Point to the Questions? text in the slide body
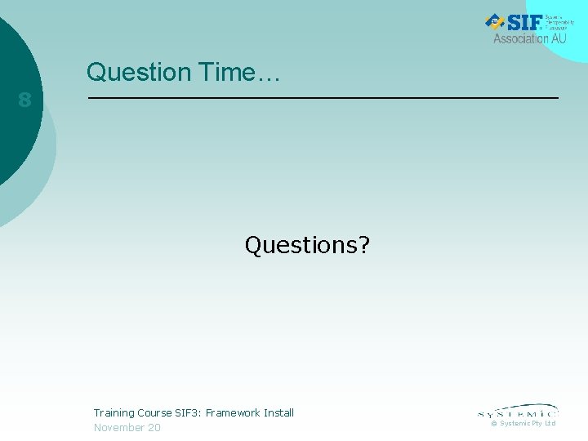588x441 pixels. (307, 245)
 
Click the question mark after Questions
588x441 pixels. (363, 245)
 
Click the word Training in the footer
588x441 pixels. (114, 413)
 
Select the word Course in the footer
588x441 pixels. (154, 413)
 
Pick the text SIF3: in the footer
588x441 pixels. (189, 413)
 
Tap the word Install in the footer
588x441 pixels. (278, 413)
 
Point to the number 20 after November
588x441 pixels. (154, 428)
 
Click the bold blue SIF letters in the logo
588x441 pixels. (521, 22)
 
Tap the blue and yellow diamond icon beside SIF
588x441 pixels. (494, 22)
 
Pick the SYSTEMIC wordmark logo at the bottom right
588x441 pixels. (518, 411)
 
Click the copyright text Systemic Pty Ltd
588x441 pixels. (527, 423)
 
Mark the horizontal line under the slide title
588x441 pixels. (323, 98)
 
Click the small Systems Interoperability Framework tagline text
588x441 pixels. (559, 22)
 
